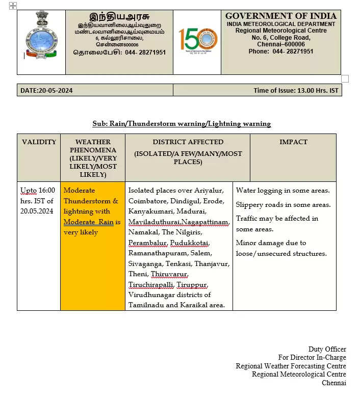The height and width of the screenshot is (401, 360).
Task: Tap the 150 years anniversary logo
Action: (197, 40)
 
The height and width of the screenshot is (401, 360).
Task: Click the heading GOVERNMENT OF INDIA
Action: (281, 16)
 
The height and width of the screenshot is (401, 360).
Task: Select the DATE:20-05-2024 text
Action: (46, 91)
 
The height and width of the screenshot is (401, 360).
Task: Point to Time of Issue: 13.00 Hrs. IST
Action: (296, 91)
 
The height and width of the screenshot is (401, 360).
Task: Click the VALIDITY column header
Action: (39, 142)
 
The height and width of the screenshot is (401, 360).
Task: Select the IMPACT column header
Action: (293, 142)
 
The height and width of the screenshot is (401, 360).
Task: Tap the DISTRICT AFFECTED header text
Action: (188, 142)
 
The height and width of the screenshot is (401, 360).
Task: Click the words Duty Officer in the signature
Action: (327, 349)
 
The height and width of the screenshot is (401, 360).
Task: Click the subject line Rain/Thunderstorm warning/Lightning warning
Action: (182, 124)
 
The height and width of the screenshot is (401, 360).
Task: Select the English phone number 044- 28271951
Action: (293, 51)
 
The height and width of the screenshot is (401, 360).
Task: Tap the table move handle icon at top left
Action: (13, 6)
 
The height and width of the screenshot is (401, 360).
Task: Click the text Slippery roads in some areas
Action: (283, 205)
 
